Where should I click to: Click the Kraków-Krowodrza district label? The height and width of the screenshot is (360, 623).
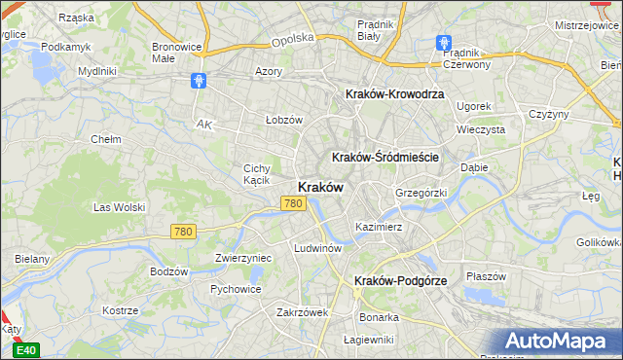tap(394, 94)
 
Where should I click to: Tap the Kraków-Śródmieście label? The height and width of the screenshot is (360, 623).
tap(386, 157)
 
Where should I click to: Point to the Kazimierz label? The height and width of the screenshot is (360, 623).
tap(379, 226)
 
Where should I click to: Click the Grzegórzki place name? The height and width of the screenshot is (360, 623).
tap(421, 193)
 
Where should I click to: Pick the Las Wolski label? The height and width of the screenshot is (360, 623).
tap(119, 207)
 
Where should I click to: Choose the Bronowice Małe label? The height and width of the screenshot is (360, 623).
tap(176, 52)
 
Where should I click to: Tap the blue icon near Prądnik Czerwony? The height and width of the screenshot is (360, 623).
tap(444, 44)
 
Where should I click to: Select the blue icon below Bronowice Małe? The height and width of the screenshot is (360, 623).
tap(199, 81)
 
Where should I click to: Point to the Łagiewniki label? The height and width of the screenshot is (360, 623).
tap(368, 340)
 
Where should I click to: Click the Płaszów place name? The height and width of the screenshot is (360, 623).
tap(486, 276)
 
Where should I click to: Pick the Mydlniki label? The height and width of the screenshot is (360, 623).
tap(97, 71)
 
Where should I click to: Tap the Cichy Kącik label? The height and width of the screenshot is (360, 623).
tap(256, 174)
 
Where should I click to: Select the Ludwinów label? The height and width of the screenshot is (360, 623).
tap(317, 248)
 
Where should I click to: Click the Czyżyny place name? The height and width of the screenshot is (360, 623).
tap(548, 114)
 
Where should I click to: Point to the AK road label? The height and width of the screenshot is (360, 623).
tap(203, 125)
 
